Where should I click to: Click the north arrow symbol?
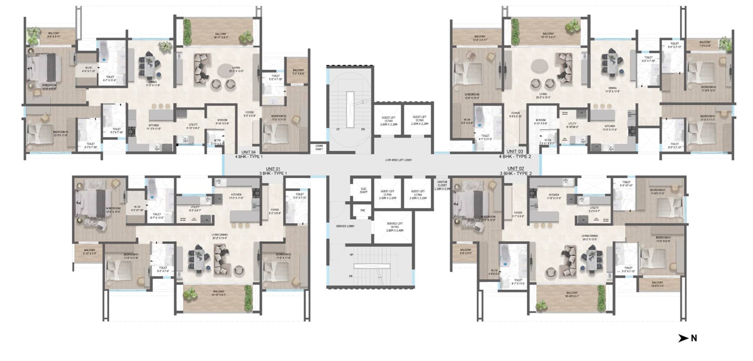[x=683, y=338]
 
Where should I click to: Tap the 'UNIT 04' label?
[x=248, y=152]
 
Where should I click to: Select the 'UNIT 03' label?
[x=514, y=151]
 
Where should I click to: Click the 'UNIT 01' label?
[x=273, y=169]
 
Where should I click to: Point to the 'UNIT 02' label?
[x=515, y=168]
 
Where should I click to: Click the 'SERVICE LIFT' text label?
[x=395, y=224]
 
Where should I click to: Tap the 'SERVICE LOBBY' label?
[x=345, y=226]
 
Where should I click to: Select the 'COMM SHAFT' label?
[x=319, y=147]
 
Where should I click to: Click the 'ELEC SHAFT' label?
[x=364, y=190]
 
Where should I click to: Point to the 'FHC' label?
[x=363, y=210]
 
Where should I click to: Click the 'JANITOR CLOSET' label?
[x=442, y=184]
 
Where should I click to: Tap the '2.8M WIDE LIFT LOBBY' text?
[x=398, y=160]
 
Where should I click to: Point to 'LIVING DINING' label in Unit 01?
[x=219, y=235]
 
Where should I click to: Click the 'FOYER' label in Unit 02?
[x=518, y=213]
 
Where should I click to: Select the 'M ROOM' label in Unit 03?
[x=540, y=120]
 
